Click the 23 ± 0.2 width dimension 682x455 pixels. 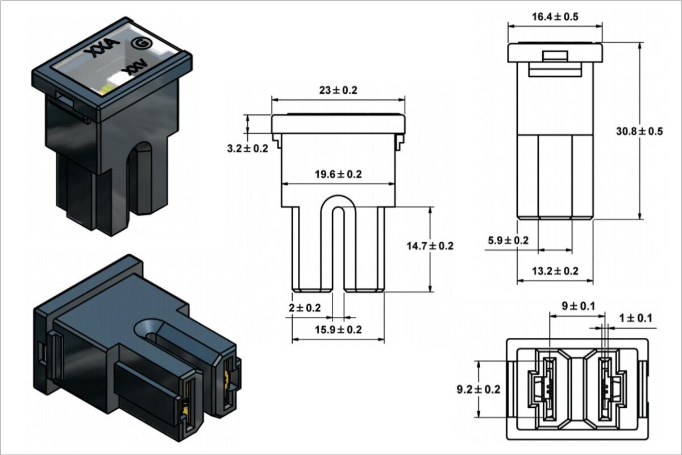(338, 90)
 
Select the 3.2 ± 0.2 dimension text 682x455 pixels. (247, 148)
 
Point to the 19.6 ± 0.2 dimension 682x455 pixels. (338, 175)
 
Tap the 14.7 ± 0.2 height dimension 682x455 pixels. (430, 246)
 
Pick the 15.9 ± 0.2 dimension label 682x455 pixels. (338, 329)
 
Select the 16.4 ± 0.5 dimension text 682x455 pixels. (555, 17)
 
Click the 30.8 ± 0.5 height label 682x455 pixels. (639, 131)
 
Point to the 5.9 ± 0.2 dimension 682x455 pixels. (508, 240)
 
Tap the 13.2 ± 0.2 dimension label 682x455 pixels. (555, 271)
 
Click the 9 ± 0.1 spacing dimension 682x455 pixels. (578, 306)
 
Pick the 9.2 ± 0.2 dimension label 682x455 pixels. (479, 389)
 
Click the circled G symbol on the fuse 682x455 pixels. (138, 43)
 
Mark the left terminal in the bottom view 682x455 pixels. (549, 388)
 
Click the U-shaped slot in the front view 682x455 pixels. (338, 245)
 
